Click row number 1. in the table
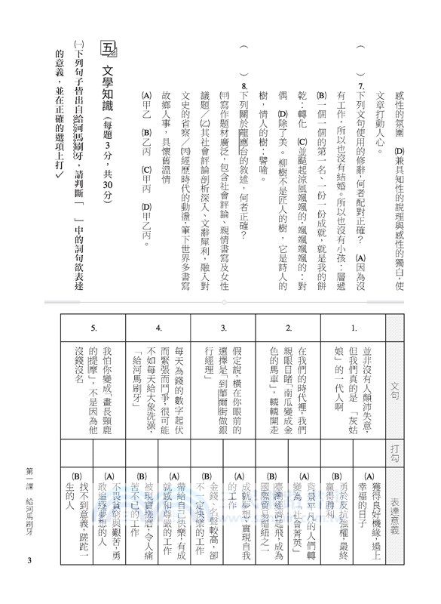354,329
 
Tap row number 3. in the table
224,329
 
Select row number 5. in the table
93,329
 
